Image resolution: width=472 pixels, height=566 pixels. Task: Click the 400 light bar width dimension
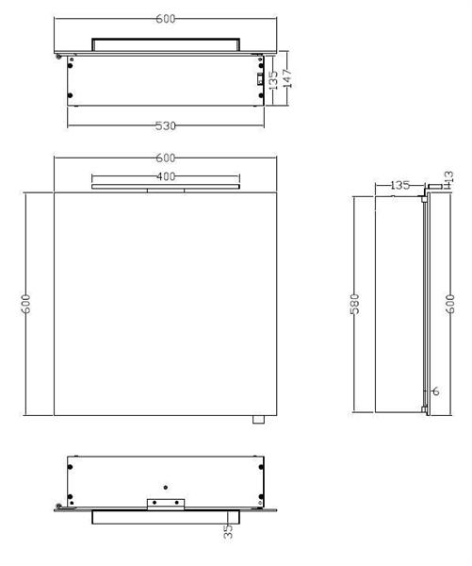(166, 176)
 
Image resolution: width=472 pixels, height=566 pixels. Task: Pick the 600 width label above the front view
(166, 158)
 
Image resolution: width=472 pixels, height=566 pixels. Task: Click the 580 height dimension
(356, 304)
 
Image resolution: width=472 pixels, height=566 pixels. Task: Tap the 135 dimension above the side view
(399, 185)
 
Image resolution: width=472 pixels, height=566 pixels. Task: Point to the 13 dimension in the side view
(448, 177)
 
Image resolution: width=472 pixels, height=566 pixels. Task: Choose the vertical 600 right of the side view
(451, 304)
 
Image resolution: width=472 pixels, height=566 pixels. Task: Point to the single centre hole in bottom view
(166, 487)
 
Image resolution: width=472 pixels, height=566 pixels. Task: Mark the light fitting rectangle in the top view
(166, 43)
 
